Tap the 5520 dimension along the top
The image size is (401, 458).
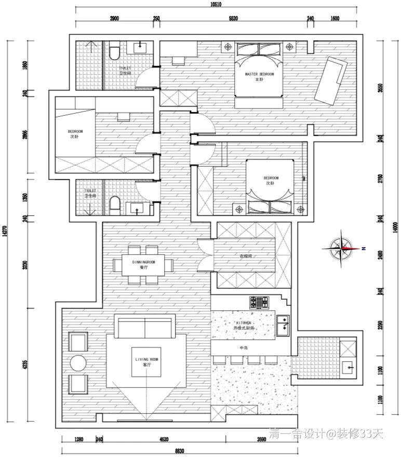coord(233,18)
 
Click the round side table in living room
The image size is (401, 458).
coord(78,363)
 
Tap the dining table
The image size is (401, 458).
coord(143,265)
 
